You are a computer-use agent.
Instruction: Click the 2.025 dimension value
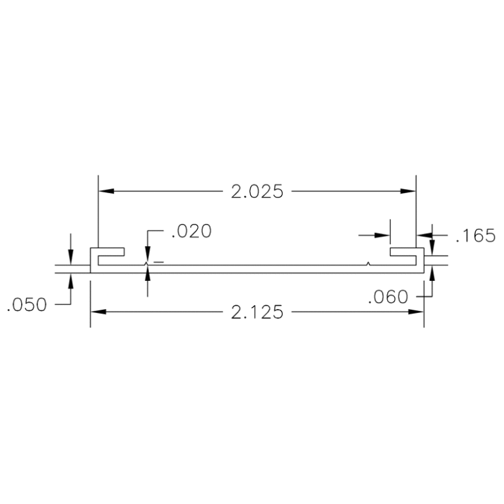pos(257,192)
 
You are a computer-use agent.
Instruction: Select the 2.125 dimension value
pos(257,312)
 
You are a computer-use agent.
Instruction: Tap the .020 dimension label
pos(191,232)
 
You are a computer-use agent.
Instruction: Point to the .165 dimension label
pos(474,236)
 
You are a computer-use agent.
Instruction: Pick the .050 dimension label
pos(27,305)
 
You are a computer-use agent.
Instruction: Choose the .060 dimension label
pos(388,297)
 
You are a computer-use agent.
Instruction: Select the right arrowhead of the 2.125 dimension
pos(416,312)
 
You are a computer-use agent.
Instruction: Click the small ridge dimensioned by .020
pos(146,264)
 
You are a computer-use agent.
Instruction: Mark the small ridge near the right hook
pos(370,264)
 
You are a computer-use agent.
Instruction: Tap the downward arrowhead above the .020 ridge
pos(148,257)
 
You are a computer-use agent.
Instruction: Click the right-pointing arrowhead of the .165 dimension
pos(382,234)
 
